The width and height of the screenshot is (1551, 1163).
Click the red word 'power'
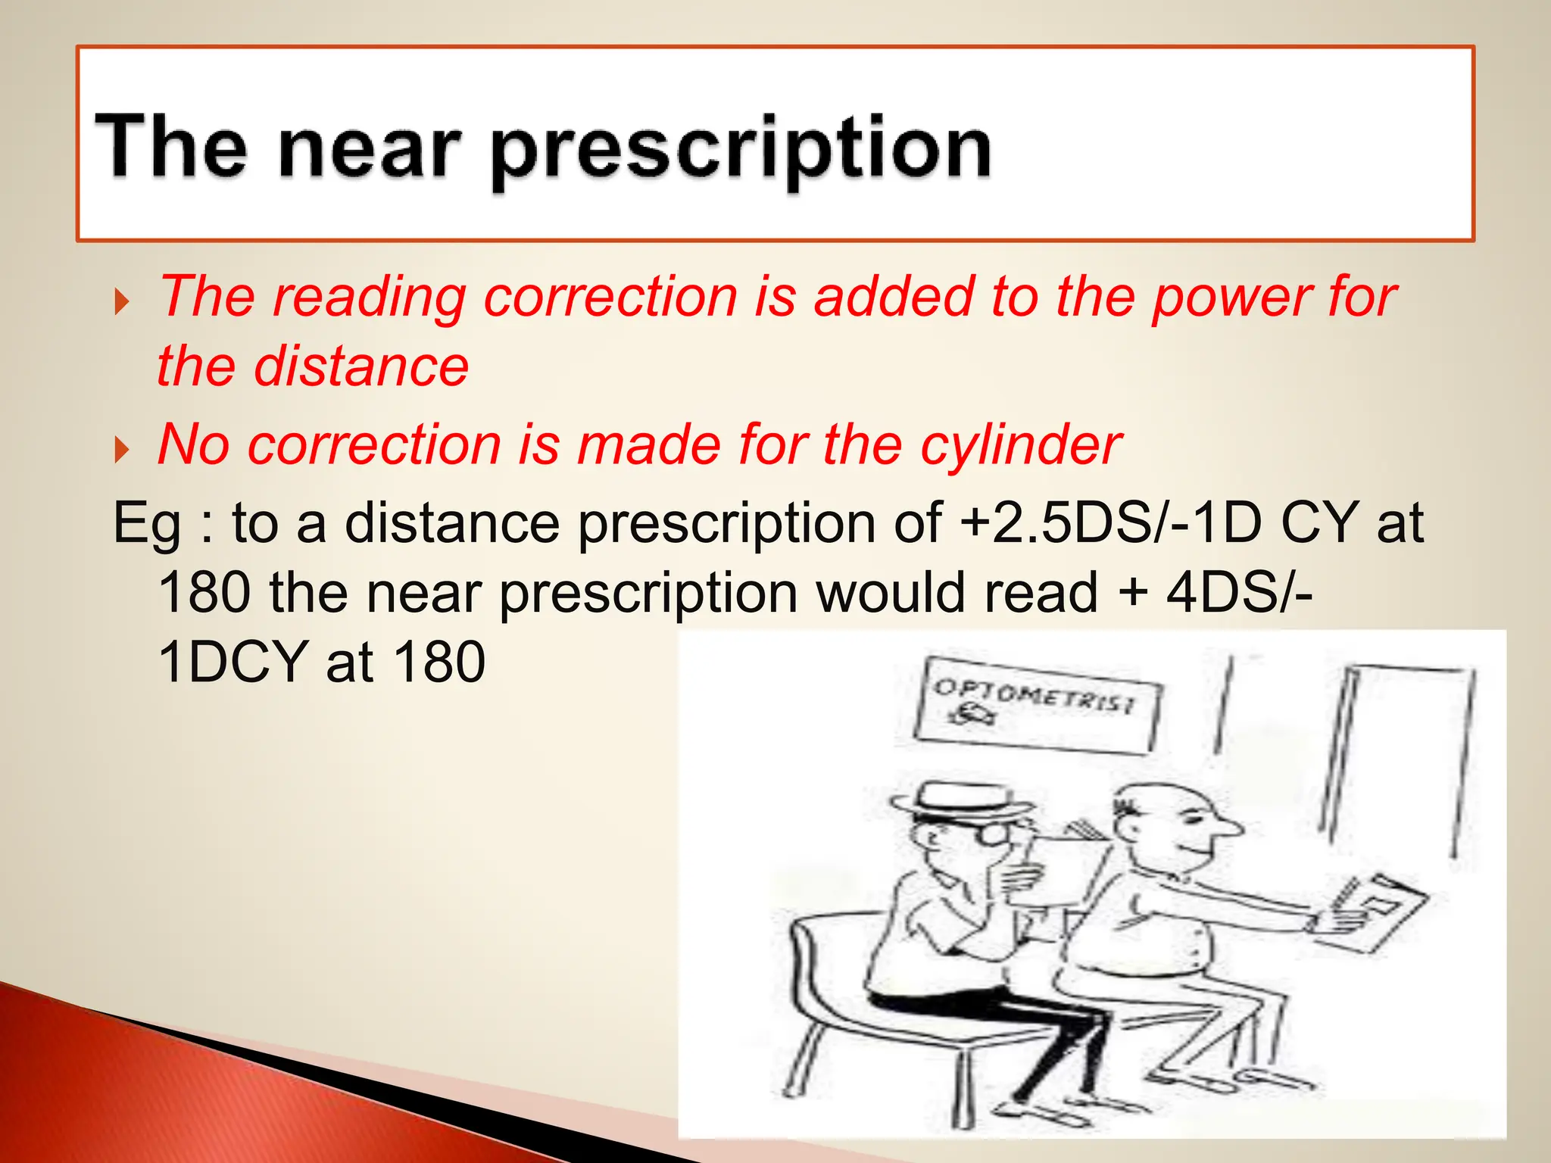[x=1233, y=297]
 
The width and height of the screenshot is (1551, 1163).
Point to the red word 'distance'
[x=360, y=366]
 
